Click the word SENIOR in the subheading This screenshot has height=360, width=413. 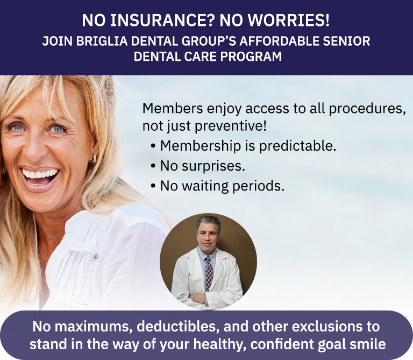[347, 41]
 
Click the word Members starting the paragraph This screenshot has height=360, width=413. [173, 108]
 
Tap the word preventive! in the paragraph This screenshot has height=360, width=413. [231, 126]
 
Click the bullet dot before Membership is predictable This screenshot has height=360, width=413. [153, 146]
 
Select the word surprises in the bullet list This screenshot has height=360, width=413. [213, 166]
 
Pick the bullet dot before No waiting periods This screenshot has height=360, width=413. [153, 186]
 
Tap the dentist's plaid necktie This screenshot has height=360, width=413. [209, 274]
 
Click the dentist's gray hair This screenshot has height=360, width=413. [208, 223]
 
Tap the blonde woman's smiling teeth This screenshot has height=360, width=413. [39, 174]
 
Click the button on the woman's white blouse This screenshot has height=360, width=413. [96, 256]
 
